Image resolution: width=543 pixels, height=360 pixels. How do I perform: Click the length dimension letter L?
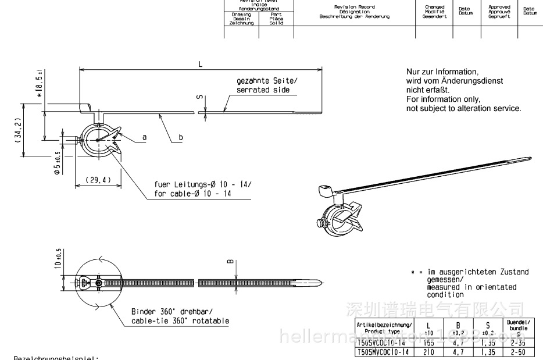[x=200, y=63]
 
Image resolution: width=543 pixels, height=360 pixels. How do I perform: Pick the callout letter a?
[x=145, y=137]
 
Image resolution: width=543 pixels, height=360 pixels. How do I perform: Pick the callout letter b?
[x=181, y=137]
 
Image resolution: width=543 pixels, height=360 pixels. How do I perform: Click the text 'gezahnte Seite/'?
[x=267, y=81]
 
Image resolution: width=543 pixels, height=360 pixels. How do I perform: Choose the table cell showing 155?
[x=428, y=344]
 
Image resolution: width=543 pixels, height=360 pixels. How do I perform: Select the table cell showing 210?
[x=428, y=352]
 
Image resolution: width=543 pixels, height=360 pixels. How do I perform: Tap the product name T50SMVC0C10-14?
[x=384, y=352]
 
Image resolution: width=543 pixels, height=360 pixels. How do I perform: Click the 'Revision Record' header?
[x=354, y=7]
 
